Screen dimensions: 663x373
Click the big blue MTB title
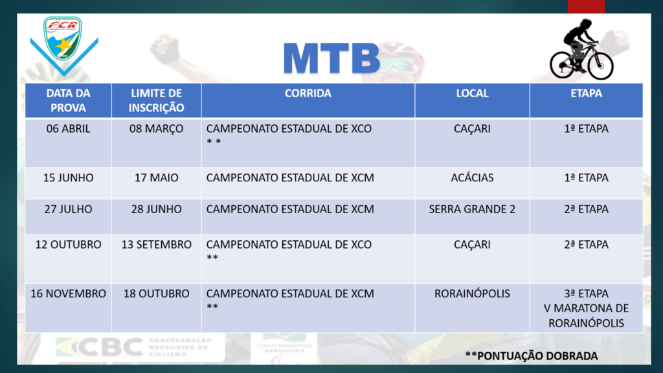[x=332, y=58]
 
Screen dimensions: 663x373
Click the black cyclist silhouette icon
[x=581, y=49]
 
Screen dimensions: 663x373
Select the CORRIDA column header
[x=308, y=93]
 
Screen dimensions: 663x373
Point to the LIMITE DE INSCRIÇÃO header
[x=157, y=100]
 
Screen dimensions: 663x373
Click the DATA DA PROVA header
[x=68, y=100]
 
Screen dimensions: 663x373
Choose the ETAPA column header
[x=586, y=93]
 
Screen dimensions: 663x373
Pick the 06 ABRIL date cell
[x=68, y=129]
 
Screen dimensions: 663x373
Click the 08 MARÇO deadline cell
[x=157, y=129]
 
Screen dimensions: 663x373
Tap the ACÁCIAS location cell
[x=472, y=177]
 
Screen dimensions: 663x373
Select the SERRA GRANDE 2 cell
[x=472, y=209]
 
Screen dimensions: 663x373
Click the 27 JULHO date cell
[x=68, y=209]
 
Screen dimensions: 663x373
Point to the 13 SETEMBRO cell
[x=157, y=244]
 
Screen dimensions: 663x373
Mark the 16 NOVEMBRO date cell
[x=68, y=293]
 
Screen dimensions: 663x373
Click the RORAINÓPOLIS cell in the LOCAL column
[x=472, y=293]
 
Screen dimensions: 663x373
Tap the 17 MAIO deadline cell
[x=157, y=177]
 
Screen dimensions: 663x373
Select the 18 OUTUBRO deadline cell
[x=157, y=293]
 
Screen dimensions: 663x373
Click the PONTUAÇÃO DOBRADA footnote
[x=532, y=356]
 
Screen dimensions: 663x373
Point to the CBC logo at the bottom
[x=134, y=348]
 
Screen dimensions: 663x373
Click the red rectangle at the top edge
[x=586, y=6]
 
